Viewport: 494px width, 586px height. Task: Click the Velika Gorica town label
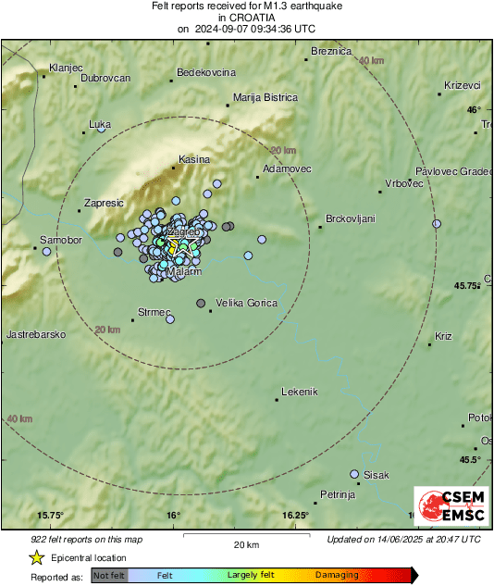245,303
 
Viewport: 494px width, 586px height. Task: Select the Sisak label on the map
377,475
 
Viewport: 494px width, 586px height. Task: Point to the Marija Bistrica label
266,97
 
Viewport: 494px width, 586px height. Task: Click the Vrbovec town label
403,183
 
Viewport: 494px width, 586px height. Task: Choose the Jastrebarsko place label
35,333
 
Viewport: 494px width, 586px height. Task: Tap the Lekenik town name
299,392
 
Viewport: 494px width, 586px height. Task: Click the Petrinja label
338,495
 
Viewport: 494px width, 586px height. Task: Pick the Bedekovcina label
206,72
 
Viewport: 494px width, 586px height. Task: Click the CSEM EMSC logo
447,508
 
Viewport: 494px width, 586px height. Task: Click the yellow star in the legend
35,558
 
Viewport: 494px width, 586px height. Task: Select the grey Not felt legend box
110,575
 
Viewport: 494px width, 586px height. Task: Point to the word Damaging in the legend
337,575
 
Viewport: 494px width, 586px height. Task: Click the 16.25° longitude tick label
296,515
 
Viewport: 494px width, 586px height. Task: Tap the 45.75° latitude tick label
468,285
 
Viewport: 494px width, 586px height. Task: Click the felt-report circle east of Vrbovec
437,223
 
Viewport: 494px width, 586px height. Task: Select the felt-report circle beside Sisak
354,474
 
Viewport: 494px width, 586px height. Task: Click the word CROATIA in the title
247,18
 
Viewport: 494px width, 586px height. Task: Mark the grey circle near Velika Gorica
201,303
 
